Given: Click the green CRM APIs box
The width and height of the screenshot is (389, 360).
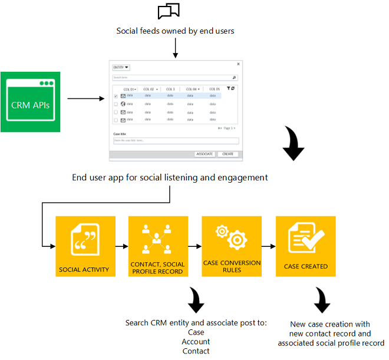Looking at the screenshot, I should [30, 101].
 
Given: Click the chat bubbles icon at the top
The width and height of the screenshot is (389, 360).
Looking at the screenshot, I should [169, 12].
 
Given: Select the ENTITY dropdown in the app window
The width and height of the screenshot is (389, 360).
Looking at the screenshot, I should [121, 68].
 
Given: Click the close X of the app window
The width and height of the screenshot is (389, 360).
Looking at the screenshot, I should [238, 64].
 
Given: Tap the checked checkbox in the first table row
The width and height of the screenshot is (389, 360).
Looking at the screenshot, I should [116, 96].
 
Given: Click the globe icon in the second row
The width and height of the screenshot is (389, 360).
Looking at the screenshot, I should [123, 104].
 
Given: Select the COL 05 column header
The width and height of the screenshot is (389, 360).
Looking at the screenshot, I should [213, 89].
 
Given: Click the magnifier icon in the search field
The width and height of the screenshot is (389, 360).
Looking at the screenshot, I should [234, 77].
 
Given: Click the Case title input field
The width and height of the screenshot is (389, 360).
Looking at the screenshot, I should [175, 141].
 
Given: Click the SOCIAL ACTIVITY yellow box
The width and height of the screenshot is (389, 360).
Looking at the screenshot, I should [84, 246].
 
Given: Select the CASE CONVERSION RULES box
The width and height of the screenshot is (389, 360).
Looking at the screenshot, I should [231, 246].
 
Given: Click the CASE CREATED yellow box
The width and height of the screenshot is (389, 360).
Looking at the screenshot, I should [305, 246].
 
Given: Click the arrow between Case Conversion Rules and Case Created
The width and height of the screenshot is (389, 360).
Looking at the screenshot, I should [268, 246].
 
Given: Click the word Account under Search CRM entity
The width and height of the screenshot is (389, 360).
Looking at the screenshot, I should [196, 342].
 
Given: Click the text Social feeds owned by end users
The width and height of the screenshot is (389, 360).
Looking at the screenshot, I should [175, 31].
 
